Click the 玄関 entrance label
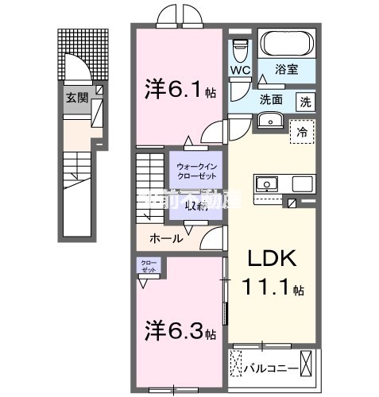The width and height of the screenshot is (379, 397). (x=77, y=98)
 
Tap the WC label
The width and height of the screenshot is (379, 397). (x=240, y=70)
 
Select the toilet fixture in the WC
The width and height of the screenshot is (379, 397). (x=239, y=48)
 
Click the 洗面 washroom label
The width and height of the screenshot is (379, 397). (x=271, y=101)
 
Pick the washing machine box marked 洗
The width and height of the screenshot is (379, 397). (x=305, y=101)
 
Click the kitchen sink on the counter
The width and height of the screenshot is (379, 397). (x=267, y=183)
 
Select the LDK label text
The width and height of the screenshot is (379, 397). (x=273, y=260)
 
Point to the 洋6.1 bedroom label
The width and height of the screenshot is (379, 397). (x=179, y=90)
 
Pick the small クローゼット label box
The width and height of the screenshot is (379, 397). (x=148, y=265)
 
